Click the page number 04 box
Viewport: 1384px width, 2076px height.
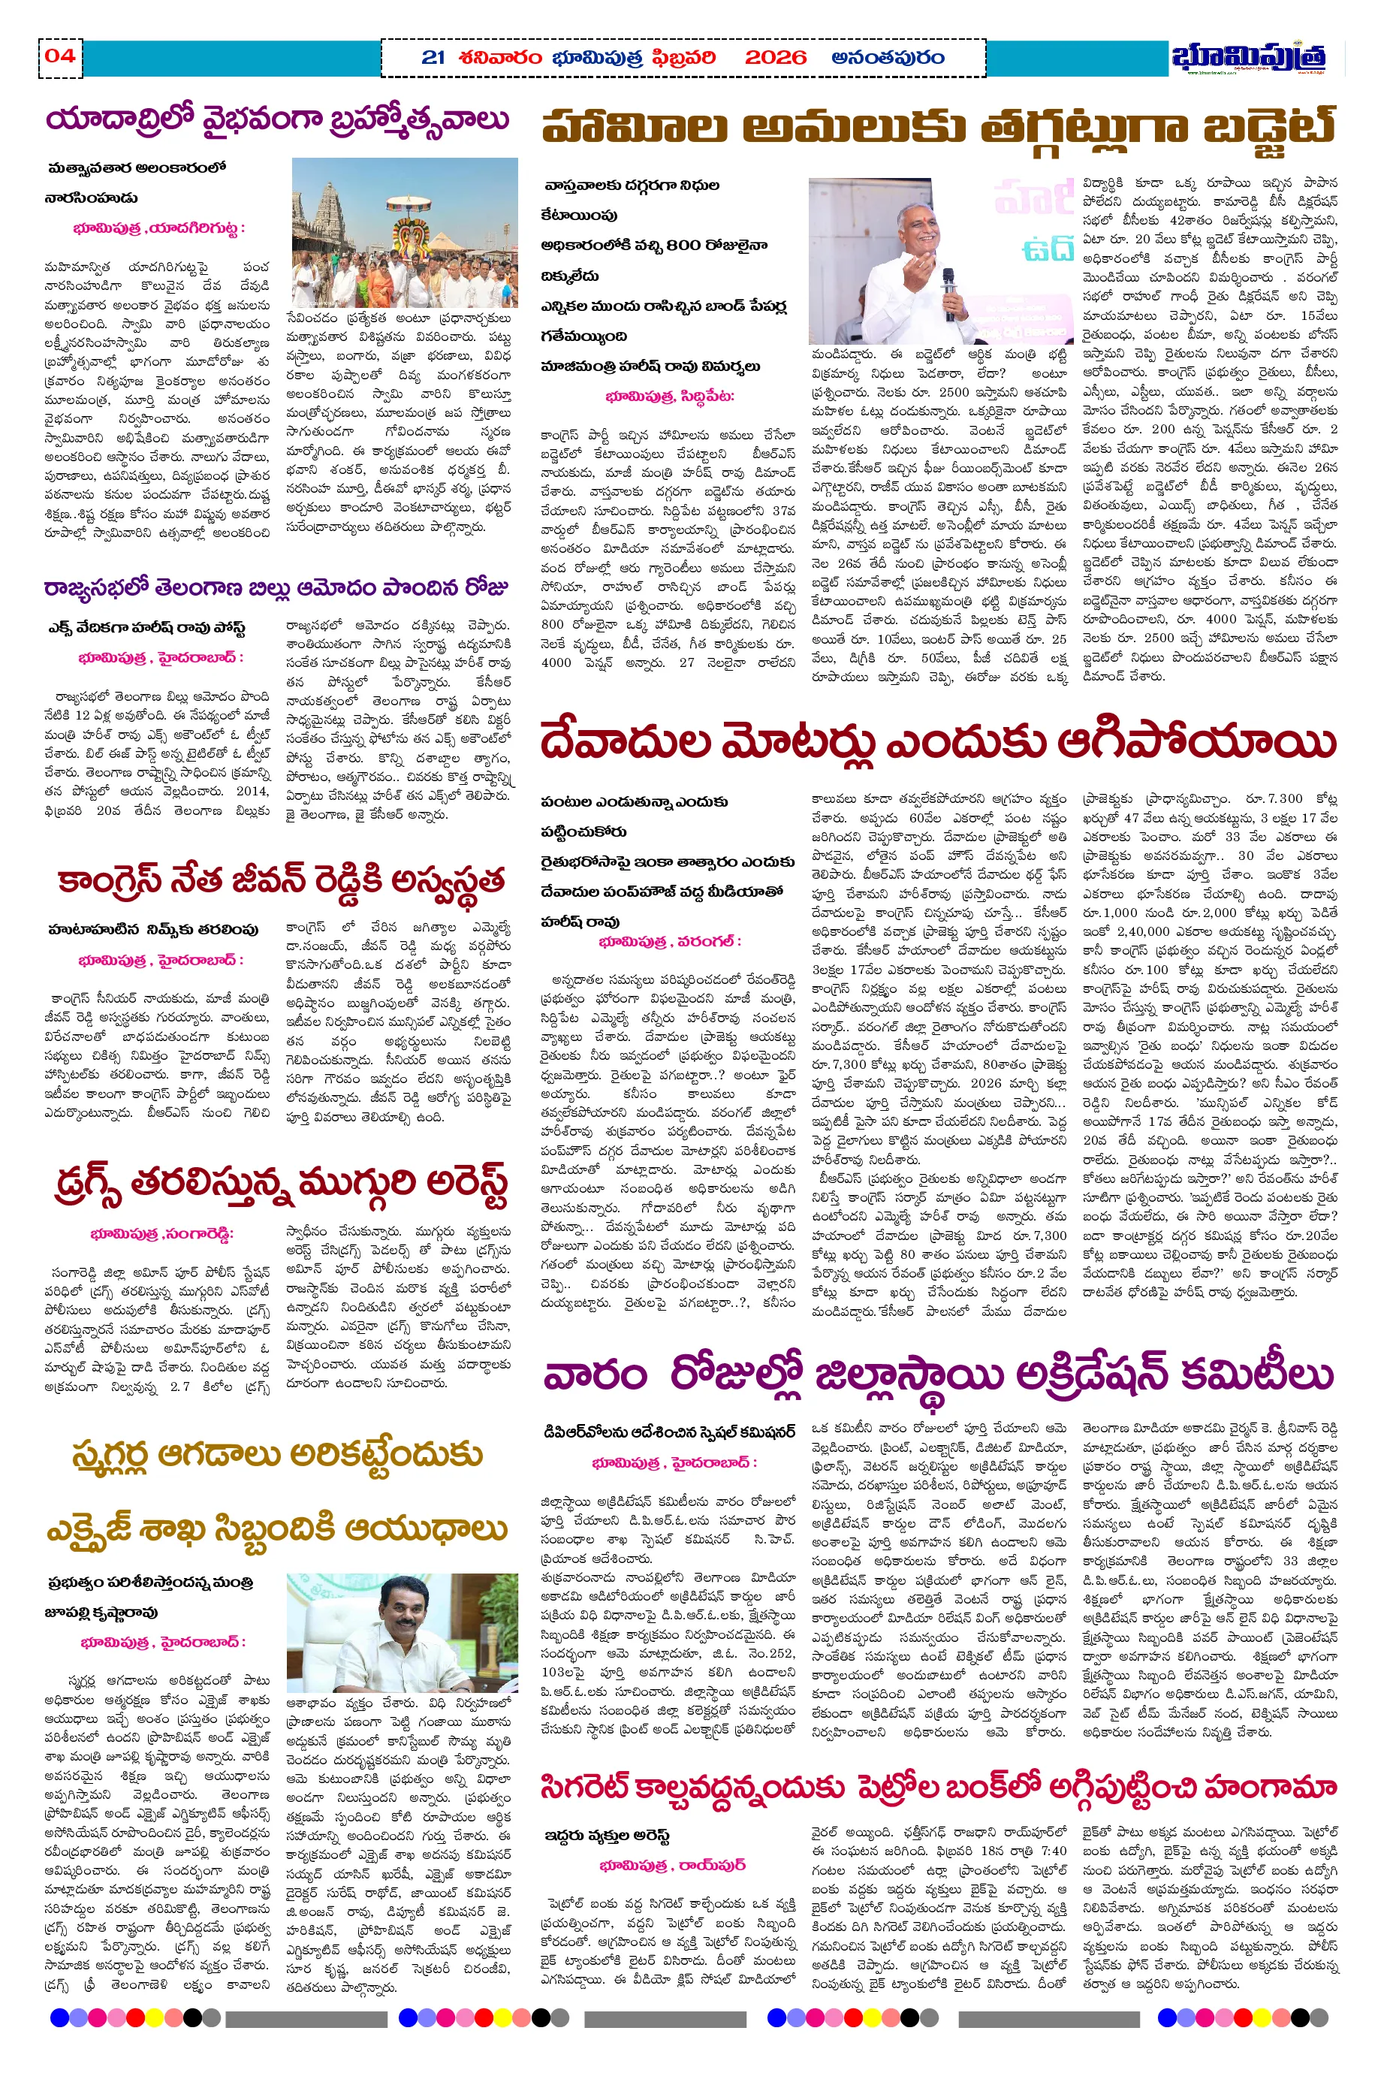[60, 56]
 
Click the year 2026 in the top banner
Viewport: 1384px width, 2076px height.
[775, 59]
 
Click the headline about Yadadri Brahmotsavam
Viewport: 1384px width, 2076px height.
[277, 120]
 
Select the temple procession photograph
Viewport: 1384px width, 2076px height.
[404, 233]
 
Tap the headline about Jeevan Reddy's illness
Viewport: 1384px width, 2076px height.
[281, 881]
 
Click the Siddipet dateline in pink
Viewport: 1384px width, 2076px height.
[670, 397]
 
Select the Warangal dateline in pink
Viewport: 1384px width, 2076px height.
[670, 942]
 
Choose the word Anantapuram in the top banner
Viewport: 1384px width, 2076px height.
[887, 59]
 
